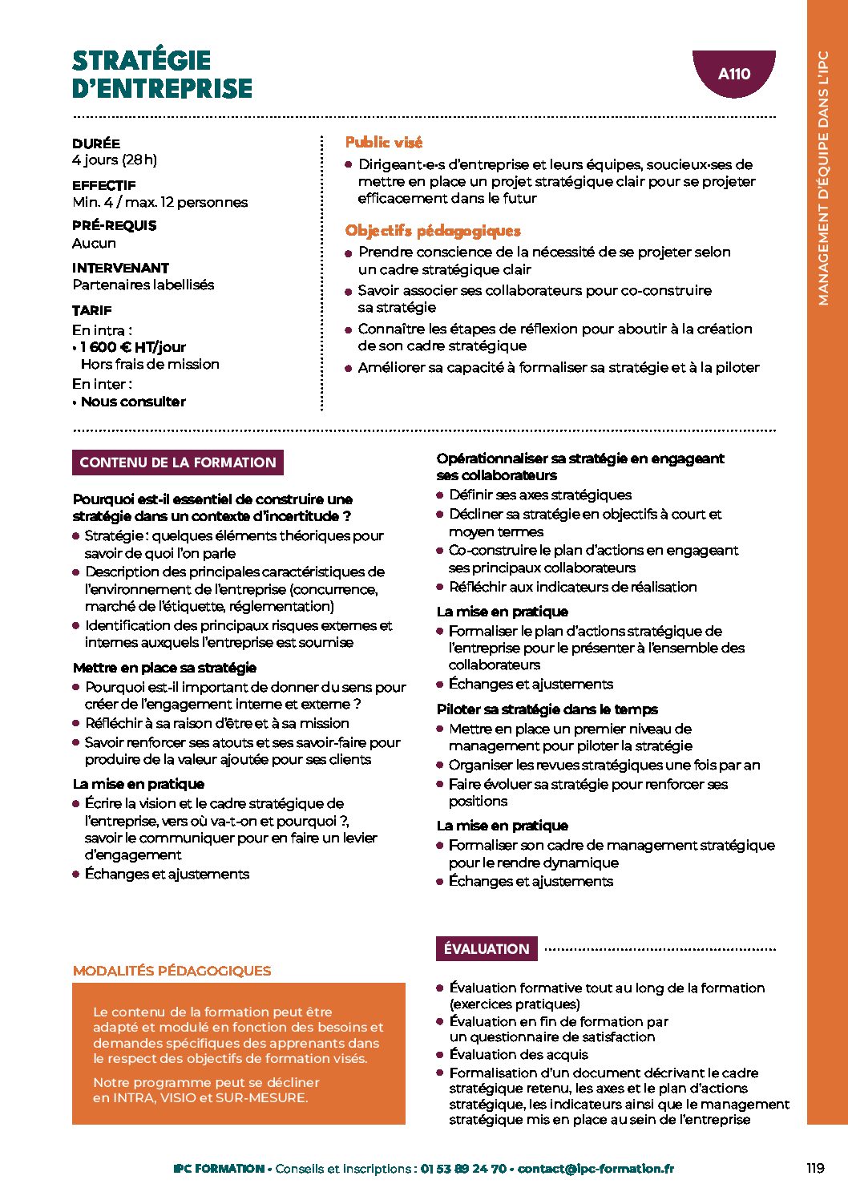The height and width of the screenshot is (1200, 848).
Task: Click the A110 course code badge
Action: (733, 74)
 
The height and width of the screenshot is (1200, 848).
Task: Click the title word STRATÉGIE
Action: (141, 60)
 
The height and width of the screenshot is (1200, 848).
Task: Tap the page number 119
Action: (815, 1168)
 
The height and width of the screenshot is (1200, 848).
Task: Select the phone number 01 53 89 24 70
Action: (463, 1169)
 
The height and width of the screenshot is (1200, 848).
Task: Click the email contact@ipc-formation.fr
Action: (596, 1169)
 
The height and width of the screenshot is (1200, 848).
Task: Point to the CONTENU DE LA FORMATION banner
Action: (177, 463)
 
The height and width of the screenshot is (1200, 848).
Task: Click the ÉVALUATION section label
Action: (487, 949)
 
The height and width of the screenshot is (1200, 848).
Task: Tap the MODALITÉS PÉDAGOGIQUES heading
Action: (172, 971)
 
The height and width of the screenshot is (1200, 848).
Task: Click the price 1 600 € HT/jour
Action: (133, 347)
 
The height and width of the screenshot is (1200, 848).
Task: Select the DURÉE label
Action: (96, 143)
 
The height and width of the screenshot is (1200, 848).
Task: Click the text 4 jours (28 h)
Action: (115, 160)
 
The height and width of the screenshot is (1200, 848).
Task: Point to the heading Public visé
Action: (383, 143)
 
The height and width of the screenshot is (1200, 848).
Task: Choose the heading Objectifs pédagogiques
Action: (433, 231)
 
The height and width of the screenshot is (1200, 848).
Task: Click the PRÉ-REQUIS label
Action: (115, 226)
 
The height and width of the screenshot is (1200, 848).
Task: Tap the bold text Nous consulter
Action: (133, 402)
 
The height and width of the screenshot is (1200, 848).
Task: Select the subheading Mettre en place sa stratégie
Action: (164, 668)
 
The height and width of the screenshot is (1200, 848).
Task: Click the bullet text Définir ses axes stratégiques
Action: (540, 495)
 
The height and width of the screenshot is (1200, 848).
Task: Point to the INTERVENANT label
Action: (120, 268)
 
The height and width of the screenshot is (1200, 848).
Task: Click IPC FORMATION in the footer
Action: (219, 1169)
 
